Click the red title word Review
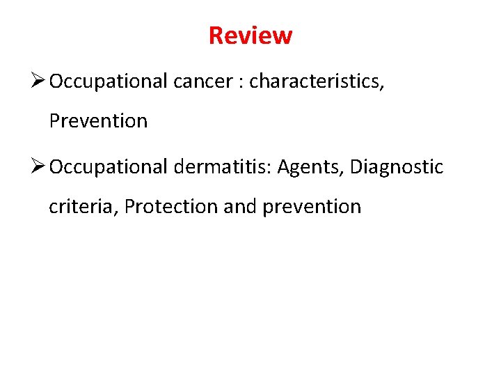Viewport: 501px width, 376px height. click(250, 35)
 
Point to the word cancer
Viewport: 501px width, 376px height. click(202, 82)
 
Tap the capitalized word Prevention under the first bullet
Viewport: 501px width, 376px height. click(98, 121)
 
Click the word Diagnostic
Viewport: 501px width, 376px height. click(397, 168)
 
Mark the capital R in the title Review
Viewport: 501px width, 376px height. click(216, 35)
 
